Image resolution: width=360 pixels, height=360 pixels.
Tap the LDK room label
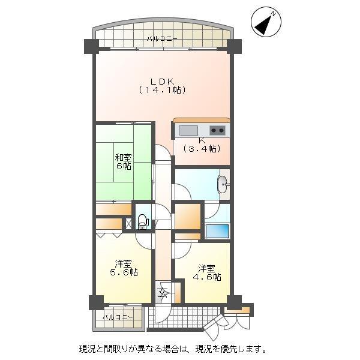pos(161,80)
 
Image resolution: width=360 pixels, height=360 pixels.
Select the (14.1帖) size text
pos(161,90)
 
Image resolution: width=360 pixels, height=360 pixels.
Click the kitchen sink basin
pos(188,131)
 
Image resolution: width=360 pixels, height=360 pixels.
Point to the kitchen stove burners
pos(217,131)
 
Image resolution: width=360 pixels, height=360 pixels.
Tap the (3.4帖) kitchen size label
pos(201,149)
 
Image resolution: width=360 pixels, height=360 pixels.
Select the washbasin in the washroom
pos(223,185)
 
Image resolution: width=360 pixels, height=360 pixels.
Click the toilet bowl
pos(143,222)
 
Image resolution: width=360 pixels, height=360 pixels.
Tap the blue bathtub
pos(217,230)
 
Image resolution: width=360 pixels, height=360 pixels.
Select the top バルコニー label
pos(161,39)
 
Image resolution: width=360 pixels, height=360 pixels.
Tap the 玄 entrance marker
pos(163,293)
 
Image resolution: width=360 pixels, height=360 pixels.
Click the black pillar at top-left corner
pos(91,46)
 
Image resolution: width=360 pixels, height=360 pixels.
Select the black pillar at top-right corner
pos(233,46)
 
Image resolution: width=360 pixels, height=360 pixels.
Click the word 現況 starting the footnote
pos(86,349)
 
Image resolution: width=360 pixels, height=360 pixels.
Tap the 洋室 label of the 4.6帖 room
pos(207,268)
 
